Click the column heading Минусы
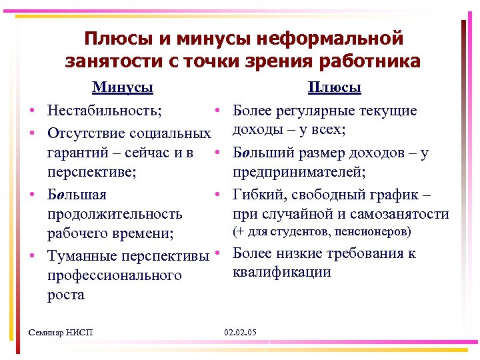click(123, 87)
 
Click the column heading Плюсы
click(334, 87)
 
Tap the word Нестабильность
click(107, 109)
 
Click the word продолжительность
click(115, 214)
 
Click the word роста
click(66, 295)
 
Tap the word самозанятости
click(402, 214)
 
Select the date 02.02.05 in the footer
click(241, 332)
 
